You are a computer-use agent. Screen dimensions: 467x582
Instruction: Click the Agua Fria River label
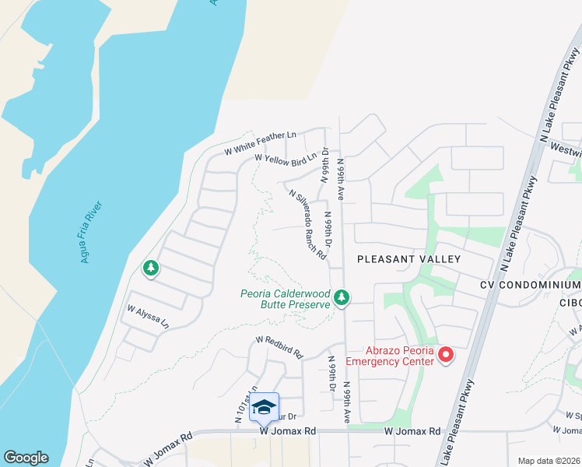92,232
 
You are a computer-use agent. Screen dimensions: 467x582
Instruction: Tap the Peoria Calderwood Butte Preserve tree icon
342,297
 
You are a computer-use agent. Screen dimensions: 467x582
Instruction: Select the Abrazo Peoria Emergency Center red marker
446,356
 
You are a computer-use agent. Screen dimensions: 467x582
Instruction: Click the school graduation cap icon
265,407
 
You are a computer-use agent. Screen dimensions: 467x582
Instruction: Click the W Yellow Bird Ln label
286,160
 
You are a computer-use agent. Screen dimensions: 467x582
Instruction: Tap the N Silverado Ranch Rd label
307,226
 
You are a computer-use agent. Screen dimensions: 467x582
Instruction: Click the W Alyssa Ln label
148,318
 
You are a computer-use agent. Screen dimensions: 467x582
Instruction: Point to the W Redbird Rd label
279,346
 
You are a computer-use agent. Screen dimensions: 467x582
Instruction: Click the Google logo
26,458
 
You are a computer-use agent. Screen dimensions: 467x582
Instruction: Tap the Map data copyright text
549,461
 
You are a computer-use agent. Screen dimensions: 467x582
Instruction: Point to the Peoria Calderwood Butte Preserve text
285,300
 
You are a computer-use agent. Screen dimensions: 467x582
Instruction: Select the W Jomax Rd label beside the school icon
288,430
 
